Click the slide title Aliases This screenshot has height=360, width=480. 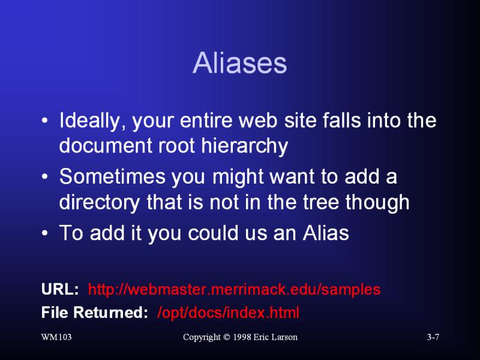click(239, 63)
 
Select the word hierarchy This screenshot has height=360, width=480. click(245, 146)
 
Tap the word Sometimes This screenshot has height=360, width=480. click(112, 176)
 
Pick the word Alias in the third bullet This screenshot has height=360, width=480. click(326, 233)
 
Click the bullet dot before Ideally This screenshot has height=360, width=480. click(44, 121)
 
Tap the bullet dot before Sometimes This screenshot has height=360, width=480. click(44, 176)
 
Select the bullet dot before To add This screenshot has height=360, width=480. click(44, 233)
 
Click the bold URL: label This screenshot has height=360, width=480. click(60, 289)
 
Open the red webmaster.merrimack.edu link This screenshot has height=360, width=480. click(234, 289)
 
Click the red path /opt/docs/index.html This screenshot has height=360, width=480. click(228, 313)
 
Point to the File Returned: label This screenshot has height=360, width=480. click(95, 313)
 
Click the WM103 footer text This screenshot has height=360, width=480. click(56, 337)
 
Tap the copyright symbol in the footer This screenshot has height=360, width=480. click(227, 337)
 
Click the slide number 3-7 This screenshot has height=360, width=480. click(433, 337)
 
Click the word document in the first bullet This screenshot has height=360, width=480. click(106, 146)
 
